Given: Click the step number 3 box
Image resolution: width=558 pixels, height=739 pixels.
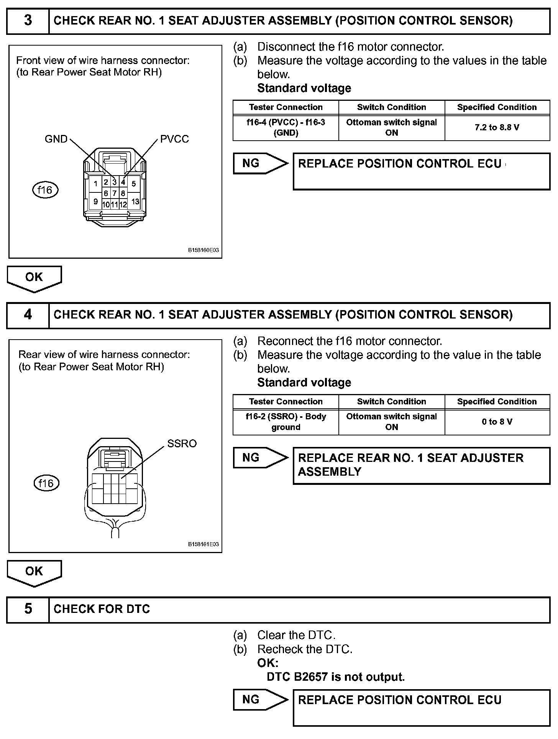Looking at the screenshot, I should tap(28, 21).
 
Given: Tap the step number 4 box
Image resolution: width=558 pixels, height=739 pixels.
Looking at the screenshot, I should tap(28, 315).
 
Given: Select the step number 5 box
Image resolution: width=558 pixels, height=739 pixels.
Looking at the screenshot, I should tap(28, 609).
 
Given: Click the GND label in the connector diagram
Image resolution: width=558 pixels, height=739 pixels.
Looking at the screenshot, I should tap(56, 139).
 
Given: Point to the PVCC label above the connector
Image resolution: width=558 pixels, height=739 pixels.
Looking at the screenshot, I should tap(174, 139).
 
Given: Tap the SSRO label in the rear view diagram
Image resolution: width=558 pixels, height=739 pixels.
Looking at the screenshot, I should tap(182, 443).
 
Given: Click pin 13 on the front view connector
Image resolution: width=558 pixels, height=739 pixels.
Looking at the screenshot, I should tap(135, 202).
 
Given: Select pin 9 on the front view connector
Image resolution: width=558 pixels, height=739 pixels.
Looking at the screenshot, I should tap(95, 202).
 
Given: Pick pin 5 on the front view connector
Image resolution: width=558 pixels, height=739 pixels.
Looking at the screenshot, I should tap(133, 184).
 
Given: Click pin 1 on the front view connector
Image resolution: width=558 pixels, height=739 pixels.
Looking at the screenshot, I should tap(95, 184).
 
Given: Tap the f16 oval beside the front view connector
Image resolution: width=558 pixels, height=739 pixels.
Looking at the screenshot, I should tap(45, 190).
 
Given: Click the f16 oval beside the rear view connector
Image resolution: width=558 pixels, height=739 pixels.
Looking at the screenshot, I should tap(46, 483).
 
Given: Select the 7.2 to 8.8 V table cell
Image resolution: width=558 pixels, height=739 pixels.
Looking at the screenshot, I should tap(497, 128).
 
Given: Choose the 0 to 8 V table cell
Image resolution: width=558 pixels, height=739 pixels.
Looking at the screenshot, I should tap(497, 422).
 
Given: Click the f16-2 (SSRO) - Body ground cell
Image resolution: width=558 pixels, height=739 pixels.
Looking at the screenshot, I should tap(286, 422).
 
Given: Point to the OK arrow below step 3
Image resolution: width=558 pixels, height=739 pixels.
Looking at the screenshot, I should tap(34, 278).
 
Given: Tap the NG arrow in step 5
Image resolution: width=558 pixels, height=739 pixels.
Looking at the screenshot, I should tap(260, 700).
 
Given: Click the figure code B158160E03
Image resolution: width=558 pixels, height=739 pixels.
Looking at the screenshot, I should tap(203, 250).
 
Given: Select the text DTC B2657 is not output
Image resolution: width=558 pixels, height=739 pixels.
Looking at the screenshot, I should tap(336, 677).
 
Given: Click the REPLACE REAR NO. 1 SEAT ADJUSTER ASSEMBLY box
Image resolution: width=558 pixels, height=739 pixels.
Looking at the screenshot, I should tap(421, 465).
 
